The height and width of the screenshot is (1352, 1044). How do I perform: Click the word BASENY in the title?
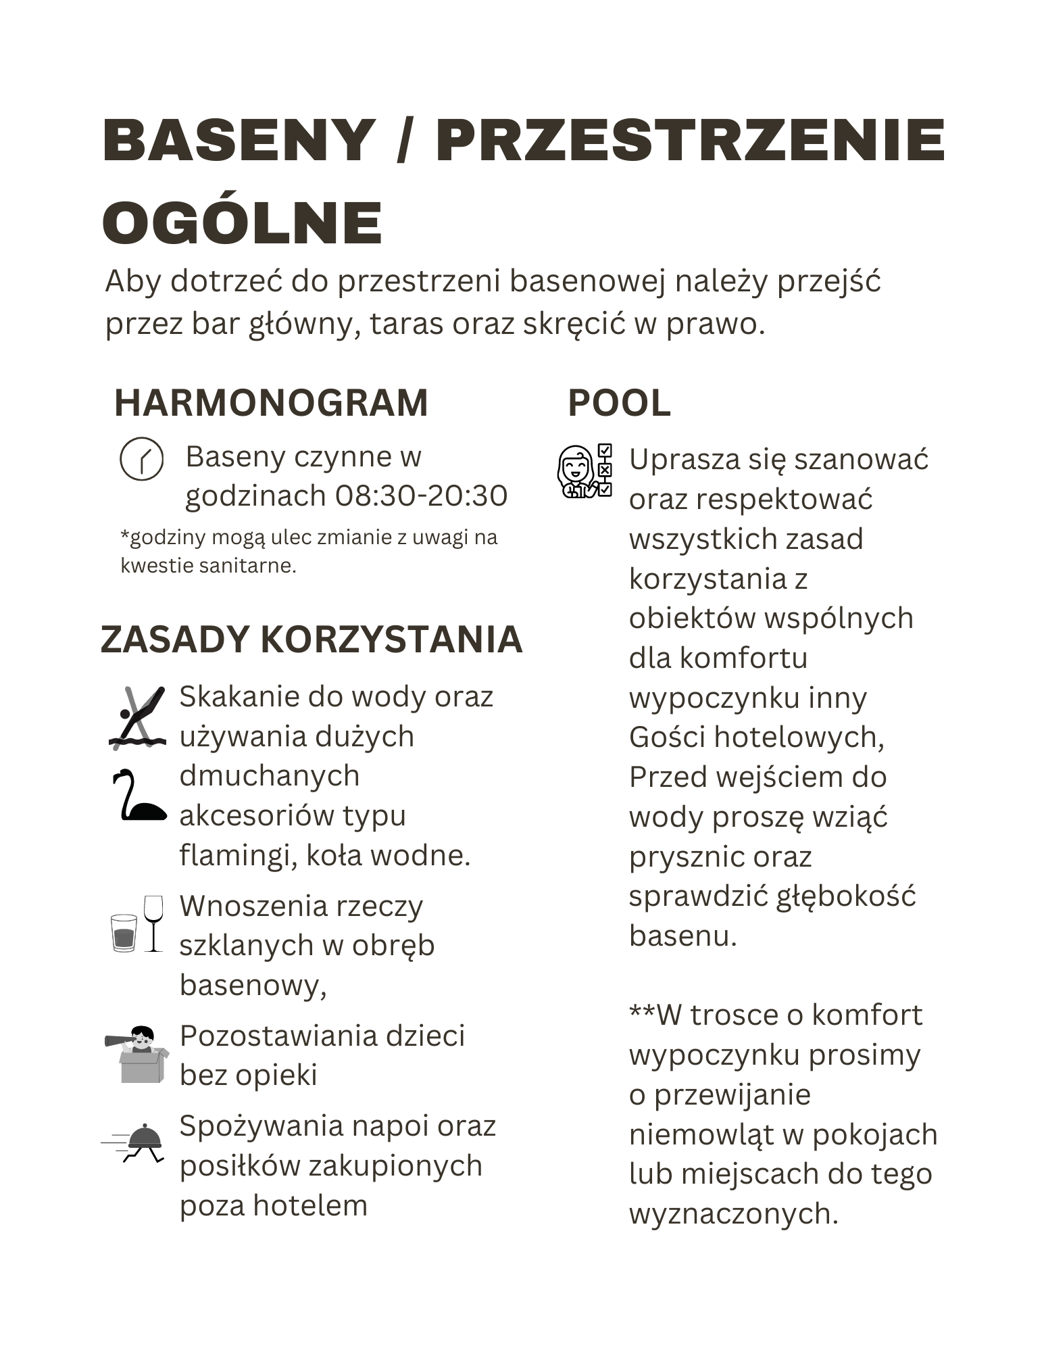[239, 141]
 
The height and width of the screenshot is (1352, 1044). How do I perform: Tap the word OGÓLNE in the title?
[243, 222]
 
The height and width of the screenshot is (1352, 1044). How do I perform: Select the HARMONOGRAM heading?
[271, 403]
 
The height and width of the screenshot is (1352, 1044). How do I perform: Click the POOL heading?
[619, 403]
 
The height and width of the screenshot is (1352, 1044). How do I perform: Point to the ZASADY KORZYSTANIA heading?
[312, 639]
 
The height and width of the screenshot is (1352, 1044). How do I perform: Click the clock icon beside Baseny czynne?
[141, 459]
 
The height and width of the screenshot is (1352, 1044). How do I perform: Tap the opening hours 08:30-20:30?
[421, 496]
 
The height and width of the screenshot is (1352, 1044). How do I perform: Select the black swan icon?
[138, 795]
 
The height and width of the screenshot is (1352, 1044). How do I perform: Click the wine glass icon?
[153, 923]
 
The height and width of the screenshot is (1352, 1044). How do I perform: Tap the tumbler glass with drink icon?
[124, 933]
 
